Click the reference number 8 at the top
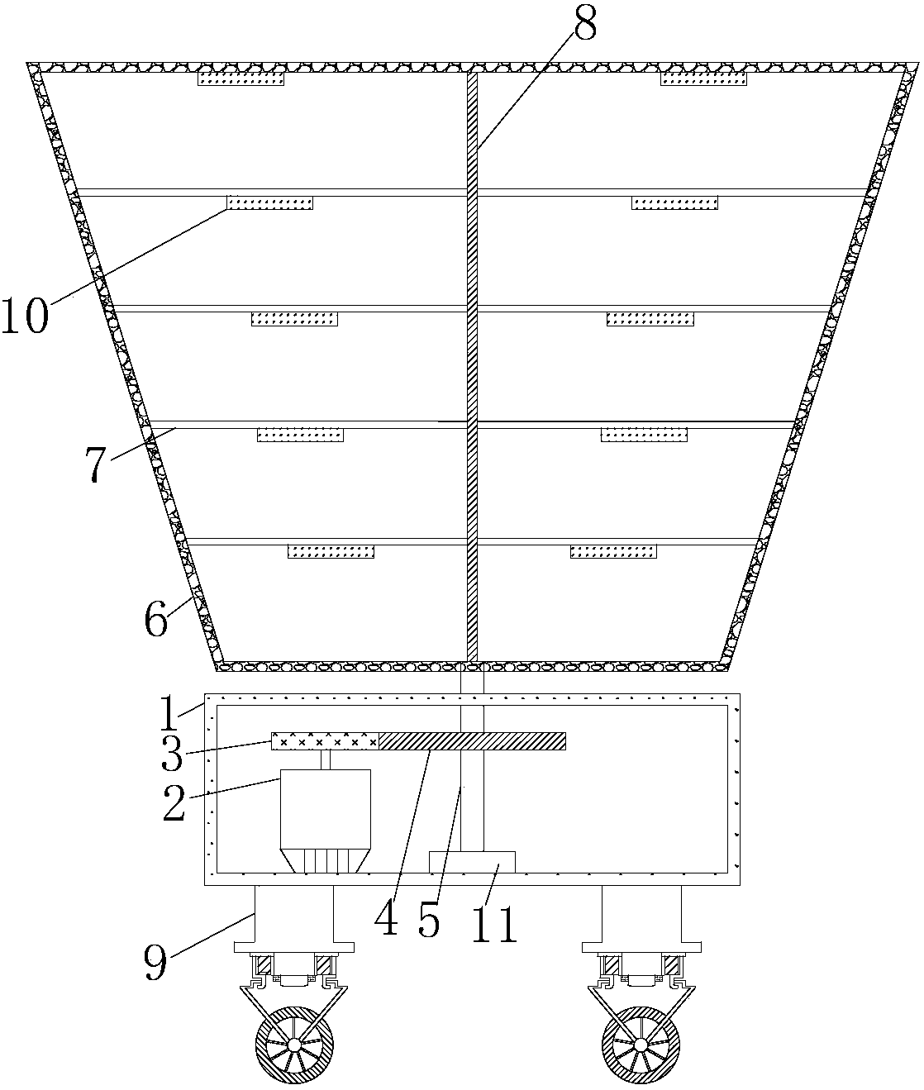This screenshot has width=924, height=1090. pyautogui.click(x=585, y=24)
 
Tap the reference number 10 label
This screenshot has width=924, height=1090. pyautogui.click(x=25, y=316)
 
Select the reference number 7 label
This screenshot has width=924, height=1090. pyautogui.click(x=96, y=464)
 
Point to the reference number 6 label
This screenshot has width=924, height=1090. pyautogui.click(x=156, y=620)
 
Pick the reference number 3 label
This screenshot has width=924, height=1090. pyautogui.click(x=172, y=754)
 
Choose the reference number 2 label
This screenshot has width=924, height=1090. pyautogui.click(x=174, y=803)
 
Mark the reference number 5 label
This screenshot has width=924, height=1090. pyautogui.click(x=429, y=921)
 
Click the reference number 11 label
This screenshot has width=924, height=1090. pyautogui.click(x=493, y=924)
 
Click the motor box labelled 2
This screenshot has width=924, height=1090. pyautogui.click(x=326, y=821)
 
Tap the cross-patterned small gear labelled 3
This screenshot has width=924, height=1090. pyautogui.click(x=326, y=741)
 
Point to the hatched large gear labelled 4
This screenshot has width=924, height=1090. pyautogui.click(x=473, y=741)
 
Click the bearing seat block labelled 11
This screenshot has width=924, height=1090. pyautogui.click(x=472, y=862)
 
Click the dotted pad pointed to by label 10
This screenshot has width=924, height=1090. pyautogui.click(x=270, y=202)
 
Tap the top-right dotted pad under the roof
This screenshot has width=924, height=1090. pyautogui.click(x=703, y=79)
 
